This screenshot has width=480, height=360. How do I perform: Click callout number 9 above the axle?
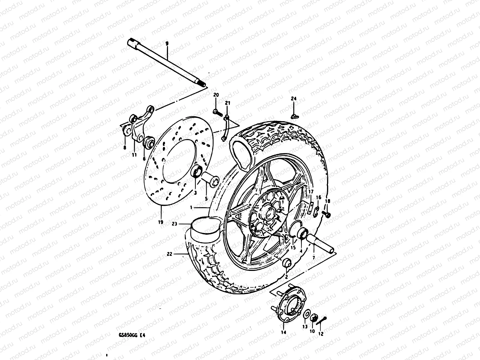point(167,43)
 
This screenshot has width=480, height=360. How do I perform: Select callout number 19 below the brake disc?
point(160,222)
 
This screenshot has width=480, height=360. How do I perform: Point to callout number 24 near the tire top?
point(293,98)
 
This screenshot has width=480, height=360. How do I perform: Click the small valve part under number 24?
point(295,116)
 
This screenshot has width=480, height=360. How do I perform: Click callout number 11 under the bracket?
point(134,155)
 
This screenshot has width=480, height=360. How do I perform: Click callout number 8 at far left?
point(124,147)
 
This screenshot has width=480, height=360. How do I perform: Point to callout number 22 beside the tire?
point(169,254)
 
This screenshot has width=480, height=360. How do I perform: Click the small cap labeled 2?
point(287,263)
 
